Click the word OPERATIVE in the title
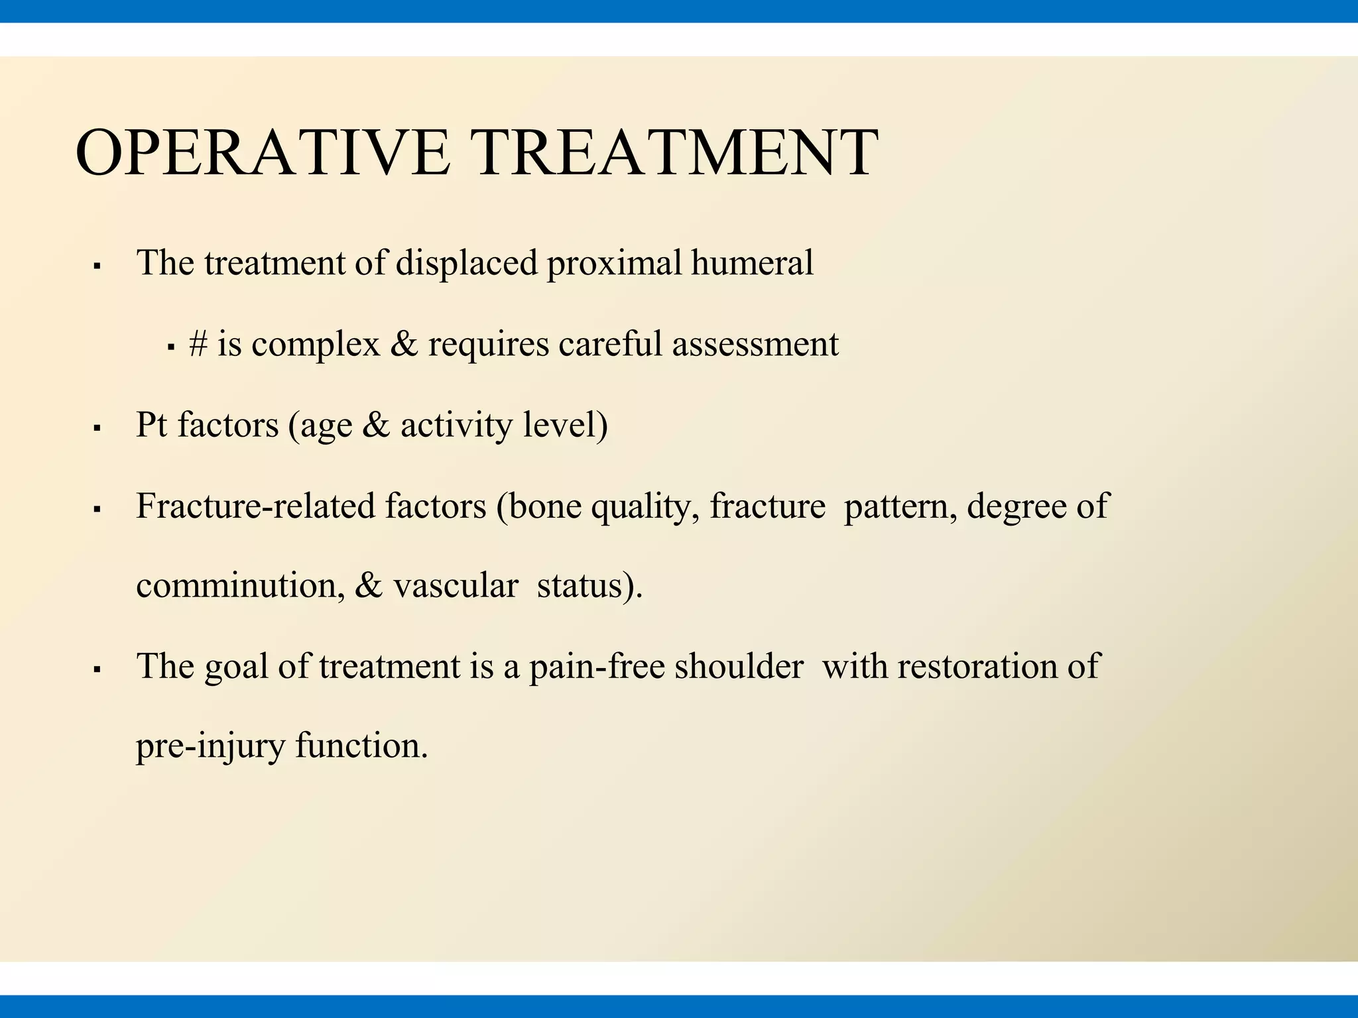coord(263,153)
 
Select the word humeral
coord(752,263)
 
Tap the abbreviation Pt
coord(151,425)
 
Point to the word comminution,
coord(240,586)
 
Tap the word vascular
coord(456,586)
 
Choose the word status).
coord(589,586)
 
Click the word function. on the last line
coord(361,746)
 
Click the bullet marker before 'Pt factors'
coord(97,429)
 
